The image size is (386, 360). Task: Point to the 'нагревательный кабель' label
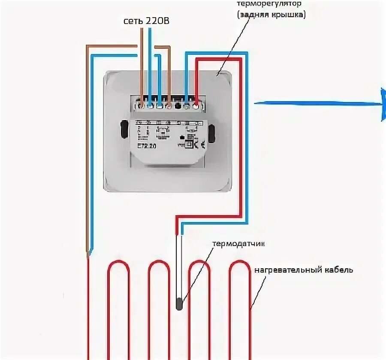pyautogui.click(x=303, y=270)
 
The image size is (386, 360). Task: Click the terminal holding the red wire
pyautogui.click(x=196, y=104)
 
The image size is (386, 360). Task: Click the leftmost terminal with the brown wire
pyautogui.click(x=141, y=104)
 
